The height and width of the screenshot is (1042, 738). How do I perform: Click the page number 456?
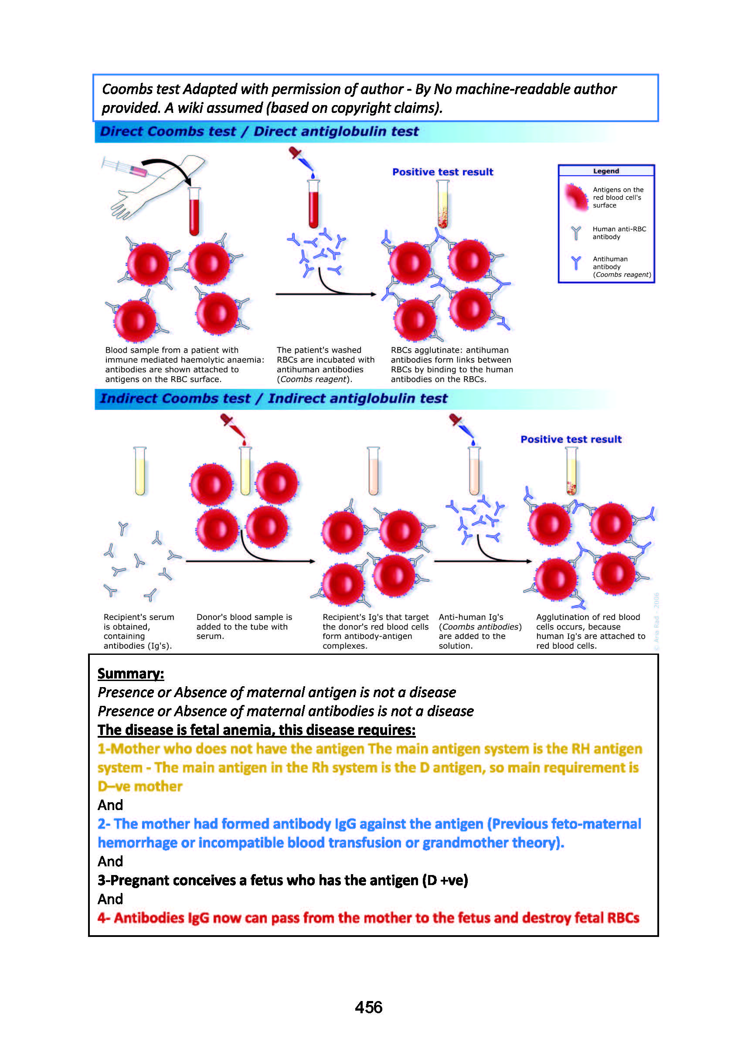tap(368, 1007)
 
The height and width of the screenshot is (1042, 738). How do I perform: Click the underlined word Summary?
tap(130, 673)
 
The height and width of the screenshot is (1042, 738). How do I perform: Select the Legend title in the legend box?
tap(606, 171)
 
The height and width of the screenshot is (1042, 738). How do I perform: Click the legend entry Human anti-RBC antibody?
tap(619, 233)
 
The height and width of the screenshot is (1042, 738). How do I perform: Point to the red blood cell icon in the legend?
tap(576, 197)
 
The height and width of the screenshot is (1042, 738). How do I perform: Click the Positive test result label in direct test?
tap(442, 172)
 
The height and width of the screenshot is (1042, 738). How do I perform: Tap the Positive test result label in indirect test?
tap(571, 439)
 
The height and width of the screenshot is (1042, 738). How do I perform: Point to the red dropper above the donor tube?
tap(234, 428)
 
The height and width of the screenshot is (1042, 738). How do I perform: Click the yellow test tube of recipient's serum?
tap(140, 471)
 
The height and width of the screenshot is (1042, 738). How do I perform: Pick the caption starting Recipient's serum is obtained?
tap(139, 631)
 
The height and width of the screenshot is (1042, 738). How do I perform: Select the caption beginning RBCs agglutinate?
tap(451, 364)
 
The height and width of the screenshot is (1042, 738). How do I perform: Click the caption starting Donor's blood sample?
tap(244, 626)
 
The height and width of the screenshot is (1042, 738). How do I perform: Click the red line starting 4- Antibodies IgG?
tap(368, 918)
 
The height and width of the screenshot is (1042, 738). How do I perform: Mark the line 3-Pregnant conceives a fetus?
tap(282, 880)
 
